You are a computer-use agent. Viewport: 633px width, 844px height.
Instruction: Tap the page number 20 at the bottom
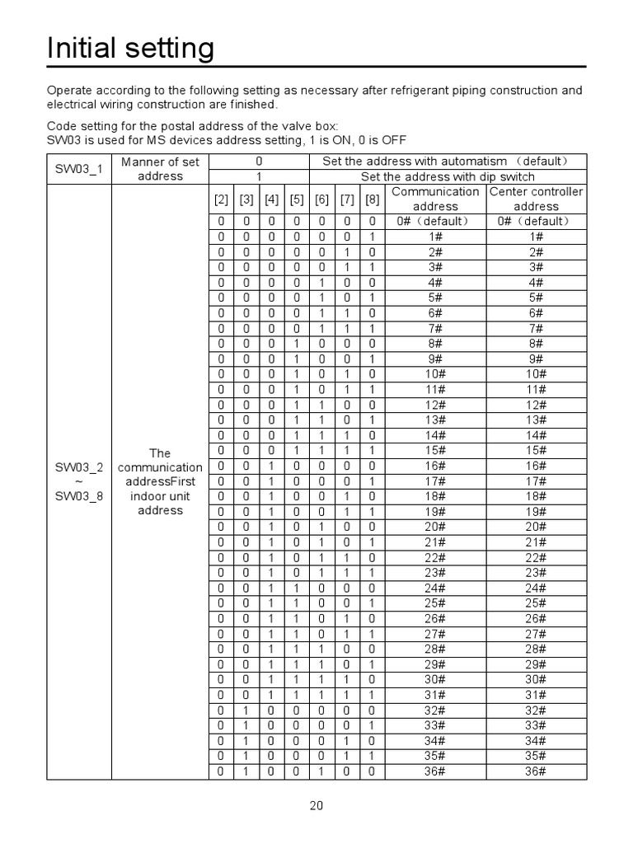(x=316, y=806)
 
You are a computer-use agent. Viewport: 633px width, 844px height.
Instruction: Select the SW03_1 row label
(x=79, y=169)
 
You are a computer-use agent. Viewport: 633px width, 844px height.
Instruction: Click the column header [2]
(x=221, y=199)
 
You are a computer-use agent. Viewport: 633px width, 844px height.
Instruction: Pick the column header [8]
(x=372, y=199)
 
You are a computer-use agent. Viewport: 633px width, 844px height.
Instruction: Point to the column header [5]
(x=297, y=199)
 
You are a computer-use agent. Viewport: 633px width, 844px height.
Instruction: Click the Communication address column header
(x=435, y=199)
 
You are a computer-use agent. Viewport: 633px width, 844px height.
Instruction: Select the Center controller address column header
(x=536, y=199)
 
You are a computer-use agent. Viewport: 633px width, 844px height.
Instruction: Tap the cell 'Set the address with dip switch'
(x=448, y=176)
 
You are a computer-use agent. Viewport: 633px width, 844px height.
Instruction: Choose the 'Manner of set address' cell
(x=160, y=169)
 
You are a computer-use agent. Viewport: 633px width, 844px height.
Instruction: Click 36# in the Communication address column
(x=435, y=771)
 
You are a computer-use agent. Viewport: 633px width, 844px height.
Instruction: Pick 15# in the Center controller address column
(x=536, y=450)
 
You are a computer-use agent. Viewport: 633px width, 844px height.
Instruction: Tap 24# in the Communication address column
(x=435, y=588)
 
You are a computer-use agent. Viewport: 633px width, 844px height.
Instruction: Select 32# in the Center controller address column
(x=536, y=710)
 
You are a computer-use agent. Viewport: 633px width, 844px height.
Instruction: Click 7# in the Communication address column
(x=435, y=328)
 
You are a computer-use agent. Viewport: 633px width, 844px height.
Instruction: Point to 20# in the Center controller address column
(x=536, y=527)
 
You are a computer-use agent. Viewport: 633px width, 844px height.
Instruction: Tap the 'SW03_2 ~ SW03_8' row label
(x=79, y=481)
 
